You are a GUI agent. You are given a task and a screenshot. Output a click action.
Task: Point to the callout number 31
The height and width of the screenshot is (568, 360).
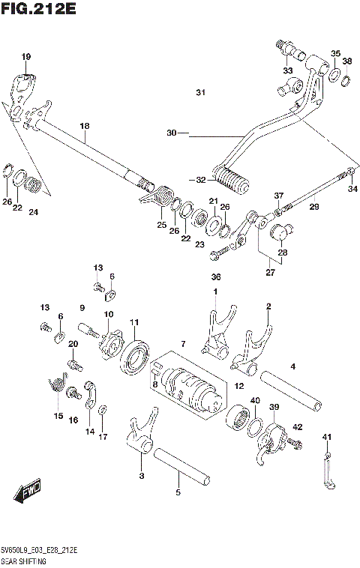point(199,93)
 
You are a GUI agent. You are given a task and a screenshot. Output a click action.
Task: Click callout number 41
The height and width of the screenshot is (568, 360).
point(326,437)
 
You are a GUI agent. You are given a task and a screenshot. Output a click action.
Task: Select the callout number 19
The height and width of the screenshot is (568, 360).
point(26,57)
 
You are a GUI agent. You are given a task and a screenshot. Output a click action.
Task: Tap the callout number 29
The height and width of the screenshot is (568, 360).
point(313,206)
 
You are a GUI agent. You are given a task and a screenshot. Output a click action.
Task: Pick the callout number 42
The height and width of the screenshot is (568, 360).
point(298,426)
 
